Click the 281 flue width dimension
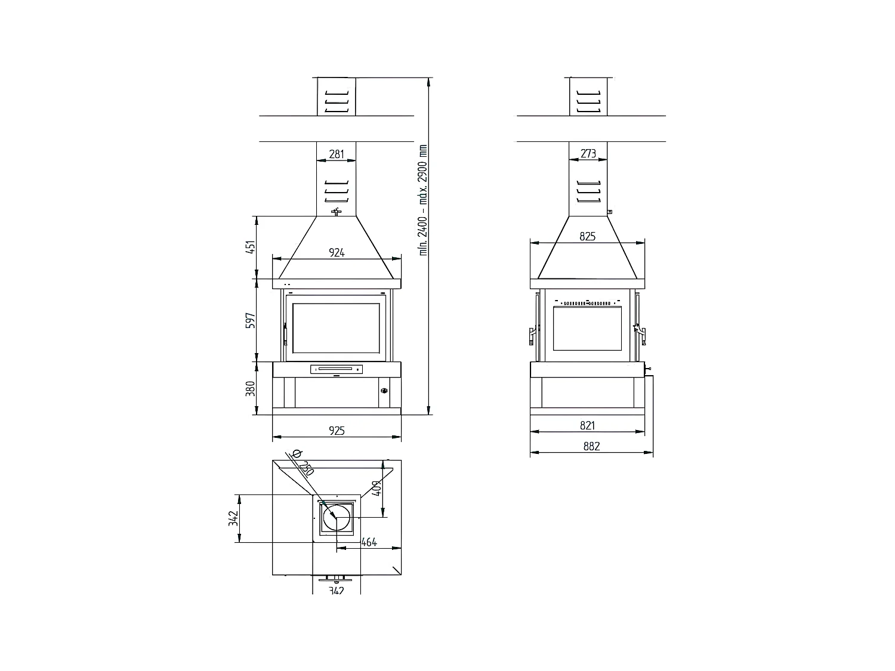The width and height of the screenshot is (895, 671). [x=337, y=154]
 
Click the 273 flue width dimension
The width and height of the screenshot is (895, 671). [x=588, y=153]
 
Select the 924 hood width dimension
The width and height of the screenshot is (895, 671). [x=337, y=252]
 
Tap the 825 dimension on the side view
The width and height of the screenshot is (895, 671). [x=588, y=236]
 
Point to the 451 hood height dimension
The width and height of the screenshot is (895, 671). [x=251, y=247]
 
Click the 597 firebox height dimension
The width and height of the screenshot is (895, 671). [x=251, y=320]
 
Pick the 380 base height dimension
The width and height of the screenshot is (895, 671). [x=251, y=388]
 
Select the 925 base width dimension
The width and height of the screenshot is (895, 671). [x=337, y=430]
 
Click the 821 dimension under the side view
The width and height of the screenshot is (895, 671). [x=588, y=425]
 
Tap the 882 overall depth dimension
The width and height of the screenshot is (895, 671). [x=591, y=446]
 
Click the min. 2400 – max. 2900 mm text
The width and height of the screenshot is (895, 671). [x=424, y=200]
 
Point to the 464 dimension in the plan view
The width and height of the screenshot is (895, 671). [x=369, y=542]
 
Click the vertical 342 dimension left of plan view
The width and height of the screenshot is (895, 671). [x=233, y=518]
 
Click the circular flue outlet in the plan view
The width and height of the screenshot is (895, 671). [x=337, y=517]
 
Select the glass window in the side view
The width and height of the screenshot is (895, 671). [x=588, y=328]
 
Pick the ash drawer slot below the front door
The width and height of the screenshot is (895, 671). [x=337, y=369]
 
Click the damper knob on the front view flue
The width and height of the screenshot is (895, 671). [x=337, y=212]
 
